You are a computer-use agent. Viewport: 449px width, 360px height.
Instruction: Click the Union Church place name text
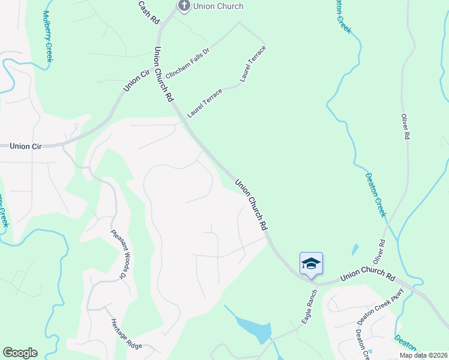[x=218, y=6]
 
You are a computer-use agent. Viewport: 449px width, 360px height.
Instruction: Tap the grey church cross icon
[x=184, y=6]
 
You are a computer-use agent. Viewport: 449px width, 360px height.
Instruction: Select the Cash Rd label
[x=148, y=12]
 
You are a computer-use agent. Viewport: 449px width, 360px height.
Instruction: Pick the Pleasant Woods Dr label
[x=119, y=255]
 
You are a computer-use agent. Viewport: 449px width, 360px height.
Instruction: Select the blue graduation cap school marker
[x=311, y=263]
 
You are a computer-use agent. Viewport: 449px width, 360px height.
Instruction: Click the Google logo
[x=20, y=353]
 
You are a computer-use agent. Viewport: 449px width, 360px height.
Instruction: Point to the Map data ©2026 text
[x=423, y=355]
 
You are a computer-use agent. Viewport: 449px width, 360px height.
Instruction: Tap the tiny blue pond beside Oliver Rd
[x=355, y=249]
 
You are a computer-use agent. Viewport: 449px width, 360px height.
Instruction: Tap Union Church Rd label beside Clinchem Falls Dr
[x=163, y=74]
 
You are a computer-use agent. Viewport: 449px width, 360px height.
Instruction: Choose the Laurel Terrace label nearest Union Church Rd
[x=205, y=102]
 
